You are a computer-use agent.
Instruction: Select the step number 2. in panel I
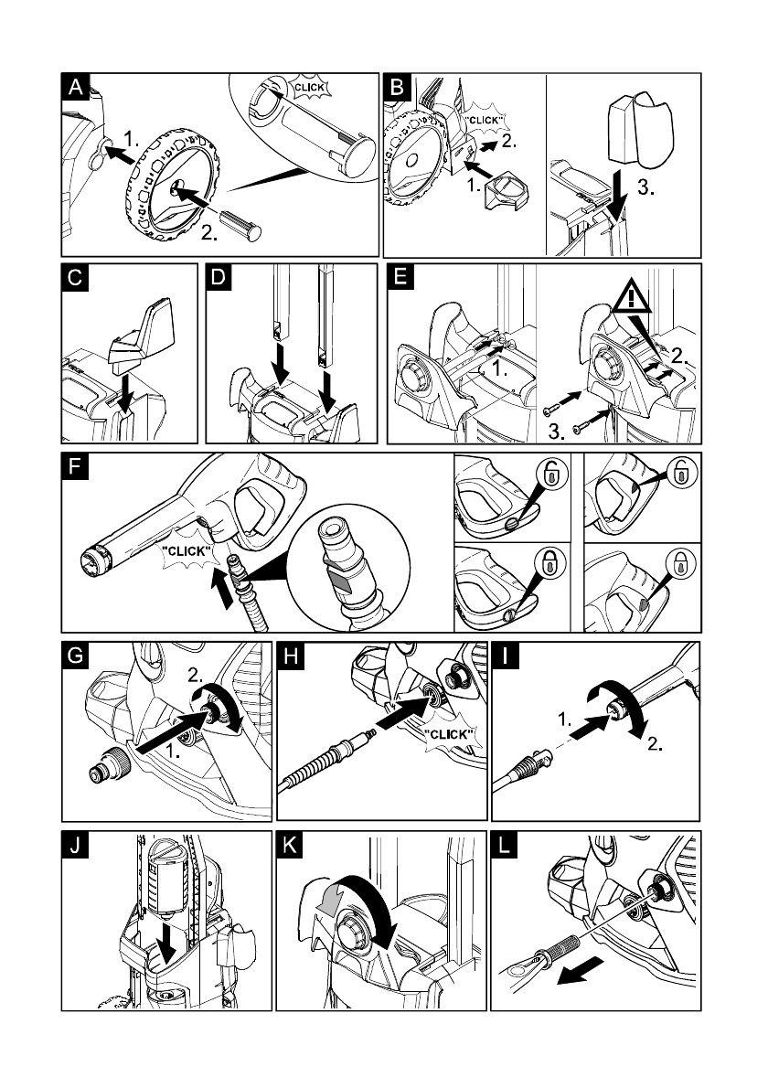pyautogui.click(x=653, y=744)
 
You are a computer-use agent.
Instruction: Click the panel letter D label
pyautogui.click(x=220, y=277)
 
